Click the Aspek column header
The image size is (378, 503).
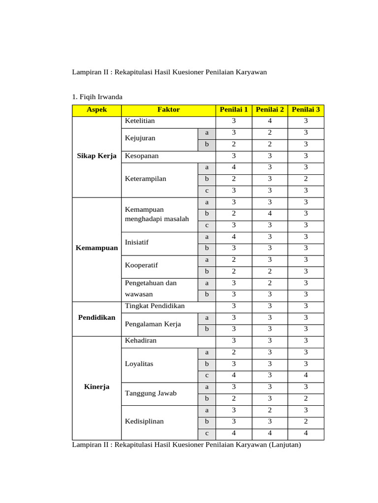96,110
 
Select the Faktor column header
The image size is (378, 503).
168,110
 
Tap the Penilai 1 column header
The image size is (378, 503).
234,110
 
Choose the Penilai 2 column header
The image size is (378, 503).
270,110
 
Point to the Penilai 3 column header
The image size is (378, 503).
306,110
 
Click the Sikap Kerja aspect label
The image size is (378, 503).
96,156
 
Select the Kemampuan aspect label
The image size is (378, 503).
96,248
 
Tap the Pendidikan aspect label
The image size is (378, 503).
96,317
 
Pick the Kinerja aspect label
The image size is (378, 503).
96,387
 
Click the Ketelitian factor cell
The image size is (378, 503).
140,121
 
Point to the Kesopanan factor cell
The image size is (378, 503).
142,156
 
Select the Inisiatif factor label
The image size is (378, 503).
137,242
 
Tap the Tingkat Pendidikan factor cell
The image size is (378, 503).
155,306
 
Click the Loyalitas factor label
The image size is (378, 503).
139,364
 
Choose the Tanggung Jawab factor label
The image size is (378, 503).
151,393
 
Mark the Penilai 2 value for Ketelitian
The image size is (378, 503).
270,121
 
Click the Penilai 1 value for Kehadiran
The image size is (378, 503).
234,340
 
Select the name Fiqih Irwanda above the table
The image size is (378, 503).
101,96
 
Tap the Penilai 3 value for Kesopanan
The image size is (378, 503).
306,156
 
